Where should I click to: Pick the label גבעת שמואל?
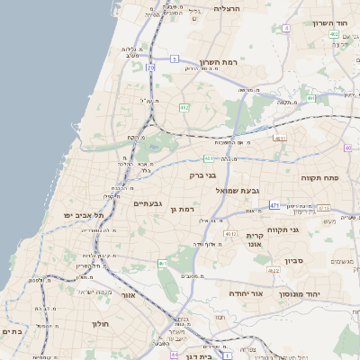coord(237,191)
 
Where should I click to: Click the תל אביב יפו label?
coord(85,216)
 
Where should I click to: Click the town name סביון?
coord(295,261)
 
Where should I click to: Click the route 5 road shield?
coord(174,58)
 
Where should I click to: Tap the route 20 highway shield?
coord(151,67)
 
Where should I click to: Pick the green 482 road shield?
coord(184,108)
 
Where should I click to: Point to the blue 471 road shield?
coord(274,206)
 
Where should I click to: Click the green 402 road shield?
coord(334,35)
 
